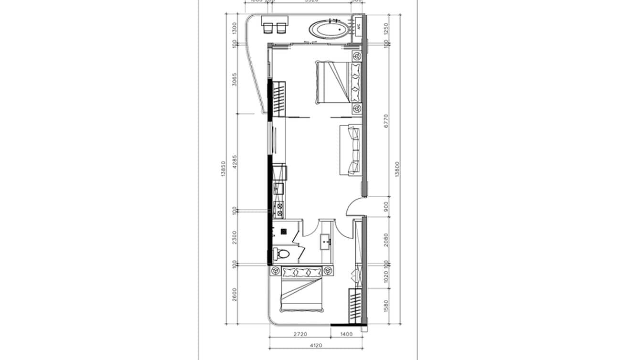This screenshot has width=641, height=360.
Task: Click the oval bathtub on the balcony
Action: (x=329, y=30)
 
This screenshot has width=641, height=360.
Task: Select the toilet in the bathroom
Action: (x=281, y=253)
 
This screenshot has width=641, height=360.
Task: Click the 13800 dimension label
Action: (x=398, y=169)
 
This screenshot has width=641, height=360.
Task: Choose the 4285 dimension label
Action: (x=234, y=161)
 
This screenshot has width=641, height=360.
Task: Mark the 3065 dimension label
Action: (x=234, y=79)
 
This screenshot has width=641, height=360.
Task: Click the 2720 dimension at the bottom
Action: (x=299, y=334)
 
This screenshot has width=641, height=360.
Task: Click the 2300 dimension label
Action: (x=234, y=237)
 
